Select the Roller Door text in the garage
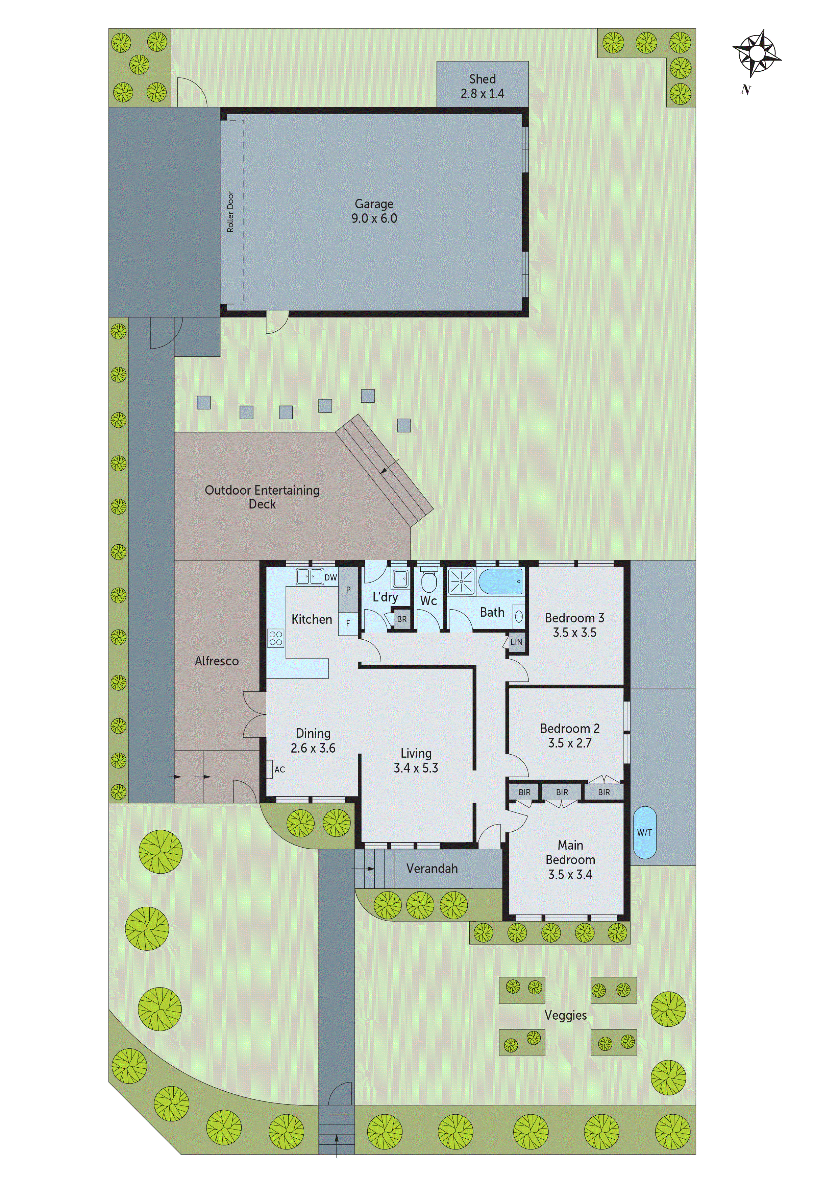point(230,212)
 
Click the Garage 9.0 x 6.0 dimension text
point(374,218)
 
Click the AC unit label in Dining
point(279,770)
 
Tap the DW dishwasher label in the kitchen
point(330,577)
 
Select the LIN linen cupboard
point(516,642)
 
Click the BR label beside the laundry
point(402,619)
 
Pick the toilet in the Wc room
point(428,580)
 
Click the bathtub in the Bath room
point(500,582)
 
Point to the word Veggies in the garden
point(565,1016)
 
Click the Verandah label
point(432,868)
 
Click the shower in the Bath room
point(460,582)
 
